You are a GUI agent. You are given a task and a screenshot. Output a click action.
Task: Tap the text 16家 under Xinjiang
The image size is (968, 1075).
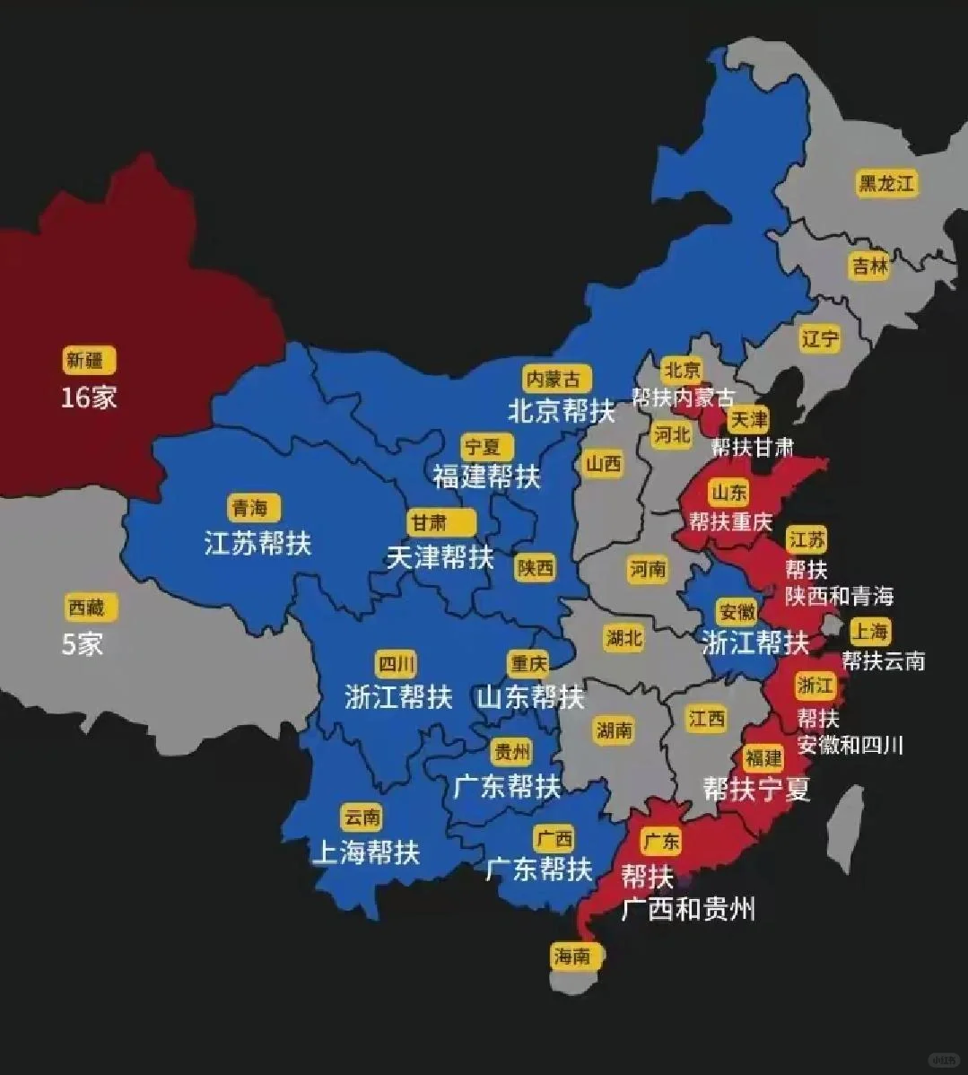click(89, 398)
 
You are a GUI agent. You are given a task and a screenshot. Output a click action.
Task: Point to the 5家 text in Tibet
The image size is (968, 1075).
click(83, 643)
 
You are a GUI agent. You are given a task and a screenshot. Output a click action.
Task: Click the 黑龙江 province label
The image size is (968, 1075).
click(885, 184)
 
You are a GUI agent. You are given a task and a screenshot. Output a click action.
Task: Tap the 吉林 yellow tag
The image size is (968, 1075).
click(869, 267)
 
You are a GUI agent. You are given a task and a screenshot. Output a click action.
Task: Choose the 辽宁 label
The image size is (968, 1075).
click(820, 338)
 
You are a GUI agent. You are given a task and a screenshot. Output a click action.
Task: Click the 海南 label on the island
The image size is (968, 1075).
click(572, 957)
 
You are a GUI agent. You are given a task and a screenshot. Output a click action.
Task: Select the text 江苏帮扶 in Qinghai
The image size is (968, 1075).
click(257, 543)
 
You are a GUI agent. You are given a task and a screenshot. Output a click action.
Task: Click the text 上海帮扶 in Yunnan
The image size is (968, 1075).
click(365, 852)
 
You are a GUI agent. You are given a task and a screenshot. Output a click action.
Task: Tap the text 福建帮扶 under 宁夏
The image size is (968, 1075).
click(486, 476)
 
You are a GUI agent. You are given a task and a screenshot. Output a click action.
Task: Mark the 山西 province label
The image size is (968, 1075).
click(604, 464)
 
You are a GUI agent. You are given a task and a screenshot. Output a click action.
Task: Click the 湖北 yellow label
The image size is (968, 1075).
click(624, 638)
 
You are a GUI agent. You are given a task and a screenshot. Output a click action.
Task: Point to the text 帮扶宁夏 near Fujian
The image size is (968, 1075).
click(756, 789)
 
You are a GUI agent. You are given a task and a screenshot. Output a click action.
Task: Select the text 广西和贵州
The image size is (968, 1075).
click(688, 909)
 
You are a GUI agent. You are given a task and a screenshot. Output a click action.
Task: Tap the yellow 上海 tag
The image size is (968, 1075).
click(869, 631)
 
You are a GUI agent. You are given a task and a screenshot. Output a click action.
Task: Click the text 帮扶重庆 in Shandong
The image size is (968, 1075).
click(730, 521)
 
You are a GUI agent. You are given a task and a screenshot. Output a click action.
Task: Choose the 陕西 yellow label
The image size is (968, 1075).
click(536, 567)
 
